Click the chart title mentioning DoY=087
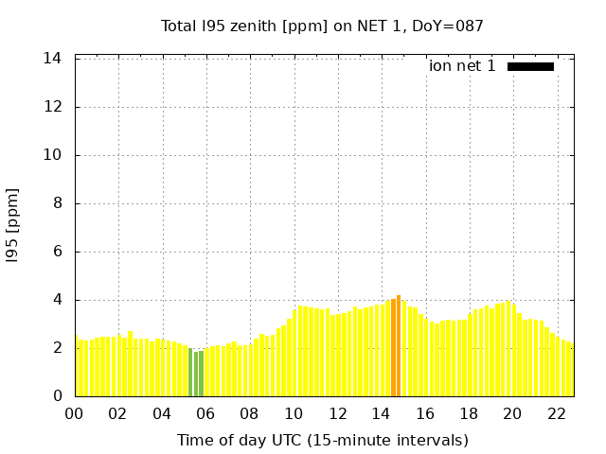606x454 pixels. point(323,26)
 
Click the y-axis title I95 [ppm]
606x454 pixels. point(13,225)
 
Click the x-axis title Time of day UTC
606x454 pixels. point(323,440)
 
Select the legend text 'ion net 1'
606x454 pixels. point(462,66)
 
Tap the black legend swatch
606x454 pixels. point(530,66)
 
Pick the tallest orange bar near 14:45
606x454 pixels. point(399,345)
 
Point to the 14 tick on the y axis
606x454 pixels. point(53,59)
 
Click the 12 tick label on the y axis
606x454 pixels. point(53,107)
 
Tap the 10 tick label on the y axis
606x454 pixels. point(53,155)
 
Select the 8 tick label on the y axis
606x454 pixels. point(58,203)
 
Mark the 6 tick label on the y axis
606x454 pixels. point(58,252)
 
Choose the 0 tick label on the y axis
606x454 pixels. point(58,396)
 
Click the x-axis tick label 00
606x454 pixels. point(75,413)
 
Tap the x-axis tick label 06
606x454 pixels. point(206,413)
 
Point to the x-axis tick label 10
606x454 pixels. point(294,413)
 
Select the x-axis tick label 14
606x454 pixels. point(382,413)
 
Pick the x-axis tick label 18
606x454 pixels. point(469,413)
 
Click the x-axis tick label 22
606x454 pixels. point(557,413)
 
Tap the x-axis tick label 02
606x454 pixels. point(118,413)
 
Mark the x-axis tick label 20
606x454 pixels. point(512,413)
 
